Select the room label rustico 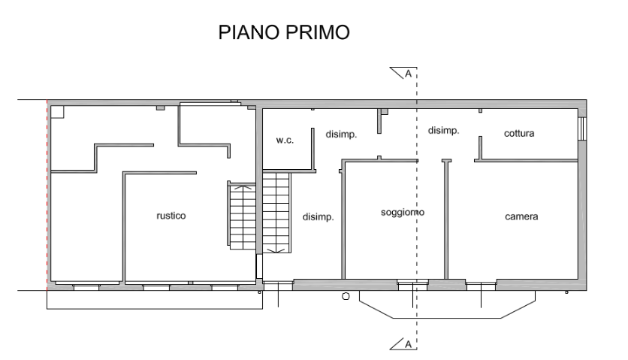click(171, 216)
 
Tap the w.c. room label click(285, 140)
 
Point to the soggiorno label click(403, 213)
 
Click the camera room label click(521, 216)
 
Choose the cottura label click(519, 133)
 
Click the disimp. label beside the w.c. click(340, 135)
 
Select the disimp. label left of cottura click(443, 130)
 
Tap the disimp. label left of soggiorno click(318, 217)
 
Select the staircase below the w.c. click(276, 213)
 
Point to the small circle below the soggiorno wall click(346, 296)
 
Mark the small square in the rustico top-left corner click(56, 112)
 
